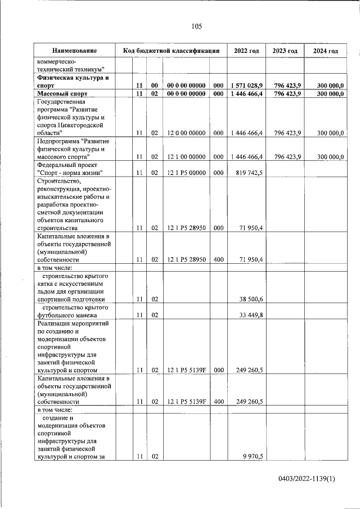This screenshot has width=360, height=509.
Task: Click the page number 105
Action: (196, 26)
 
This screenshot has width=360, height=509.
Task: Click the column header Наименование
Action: (71, 51)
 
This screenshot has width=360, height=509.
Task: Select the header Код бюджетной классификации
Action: (171, 51)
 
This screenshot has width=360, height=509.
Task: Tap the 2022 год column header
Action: (246, 51)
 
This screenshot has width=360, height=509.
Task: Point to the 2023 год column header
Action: (285, 51)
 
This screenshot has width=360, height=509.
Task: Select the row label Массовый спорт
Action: (62, 93)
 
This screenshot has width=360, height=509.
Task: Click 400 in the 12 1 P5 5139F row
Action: (219, 402)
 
